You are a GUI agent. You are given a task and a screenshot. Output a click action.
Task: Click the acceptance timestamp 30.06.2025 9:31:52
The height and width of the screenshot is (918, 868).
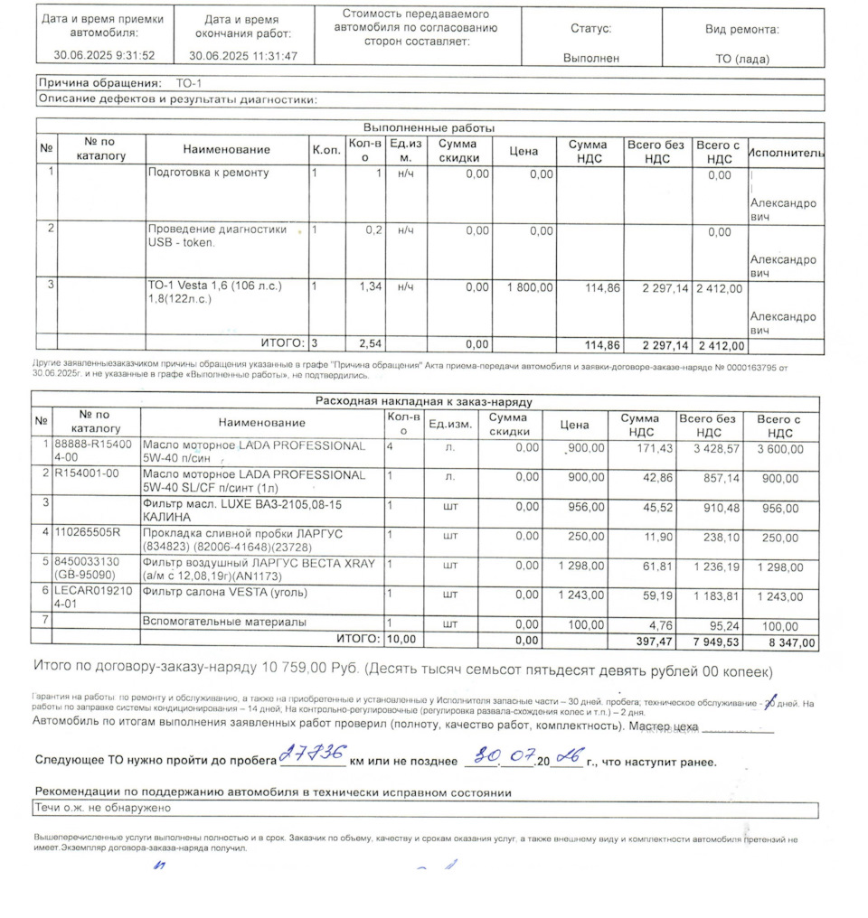pyautogui.click(x=104, y=55)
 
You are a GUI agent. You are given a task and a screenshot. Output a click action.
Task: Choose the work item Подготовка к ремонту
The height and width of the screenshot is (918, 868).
pyautogui.click(x=208, y=173)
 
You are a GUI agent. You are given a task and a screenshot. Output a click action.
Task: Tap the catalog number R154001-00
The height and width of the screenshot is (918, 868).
pyautogui.click(x=87, y=474)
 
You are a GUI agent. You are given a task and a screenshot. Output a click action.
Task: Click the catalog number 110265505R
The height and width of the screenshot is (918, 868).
pyautogui.click(x=87, y=532)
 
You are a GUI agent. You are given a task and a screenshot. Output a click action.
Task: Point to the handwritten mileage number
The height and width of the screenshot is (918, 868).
pyautogui.click(x=312, y=754)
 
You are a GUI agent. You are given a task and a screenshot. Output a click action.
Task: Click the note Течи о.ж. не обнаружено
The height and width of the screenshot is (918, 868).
pyautogui.click(x=102, y=809)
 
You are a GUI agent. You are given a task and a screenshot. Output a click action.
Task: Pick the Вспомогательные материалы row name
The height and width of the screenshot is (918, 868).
pyautogui.click(x=224, y=623)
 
